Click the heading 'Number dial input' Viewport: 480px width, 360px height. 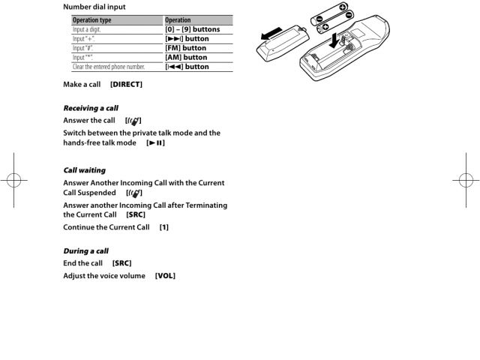click(94, 7)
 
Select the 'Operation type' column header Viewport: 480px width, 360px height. click(92, 20)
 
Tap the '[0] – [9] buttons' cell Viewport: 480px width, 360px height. click(191, 29)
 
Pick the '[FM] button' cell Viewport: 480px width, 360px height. click(184, 48)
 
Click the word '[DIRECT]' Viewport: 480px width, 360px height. click(126, 84)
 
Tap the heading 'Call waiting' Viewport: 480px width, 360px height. click(84, 170)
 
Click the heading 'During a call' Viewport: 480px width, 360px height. click(86, 250)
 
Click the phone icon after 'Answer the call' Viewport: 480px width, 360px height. click(136, 121)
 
